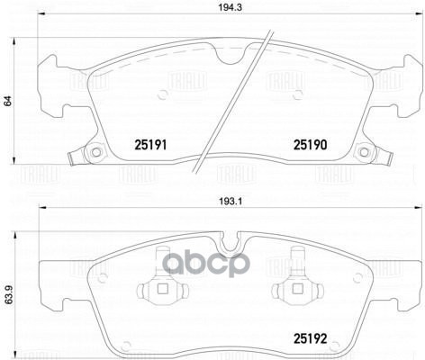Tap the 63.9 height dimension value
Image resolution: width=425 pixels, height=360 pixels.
(8, 292)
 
